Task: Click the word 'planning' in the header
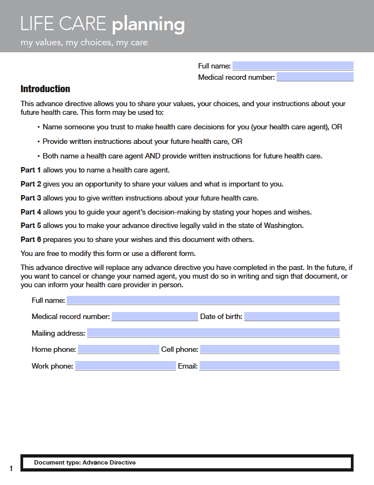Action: [148, 25]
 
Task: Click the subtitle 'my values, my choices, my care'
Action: [84, 43]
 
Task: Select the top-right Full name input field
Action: [293, 66]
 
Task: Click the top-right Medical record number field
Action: [315, 77]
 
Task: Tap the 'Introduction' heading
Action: [45, 89]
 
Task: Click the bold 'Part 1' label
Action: [31, 170]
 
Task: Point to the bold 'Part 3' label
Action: [31, 198]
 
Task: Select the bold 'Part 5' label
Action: [31, 225]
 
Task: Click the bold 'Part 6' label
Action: [31, 239]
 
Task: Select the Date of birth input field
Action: [292, 316]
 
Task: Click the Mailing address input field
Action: [213, 333]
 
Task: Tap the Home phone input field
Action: [118, 350]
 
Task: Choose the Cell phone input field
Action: [270, 350]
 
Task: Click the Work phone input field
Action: [125, 366]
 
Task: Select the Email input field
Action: [270, 366]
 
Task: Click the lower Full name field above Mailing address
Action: [203, 300]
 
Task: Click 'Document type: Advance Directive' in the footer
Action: [84, 462]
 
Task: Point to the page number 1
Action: [11, 468]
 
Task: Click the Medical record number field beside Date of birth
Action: [155, 316]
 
